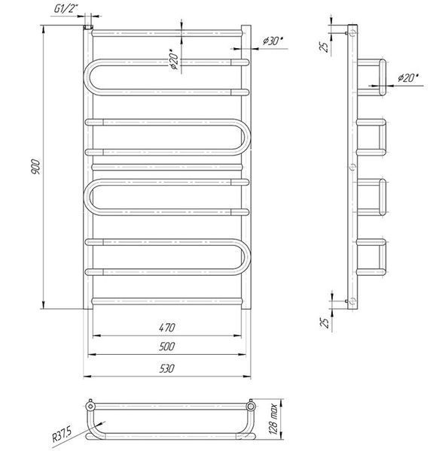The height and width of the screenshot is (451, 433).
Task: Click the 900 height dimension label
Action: [36, 167]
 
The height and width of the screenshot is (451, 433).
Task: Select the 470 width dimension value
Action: [167, 328]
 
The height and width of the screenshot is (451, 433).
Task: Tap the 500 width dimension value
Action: [167, 347]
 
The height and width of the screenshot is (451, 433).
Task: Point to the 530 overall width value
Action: [167, 368]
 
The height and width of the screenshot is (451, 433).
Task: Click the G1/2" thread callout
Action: [66, 8]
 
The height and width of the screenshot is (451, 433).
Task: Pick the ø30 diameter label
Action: [272, 41]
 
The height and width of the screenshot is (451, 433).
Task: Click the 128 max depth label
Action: [273, 419]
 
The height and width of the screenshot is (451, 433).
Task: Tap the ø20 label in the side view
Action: [408, 77]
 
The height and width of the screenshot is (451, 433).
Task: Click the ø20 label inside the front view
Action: [174, 61]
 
